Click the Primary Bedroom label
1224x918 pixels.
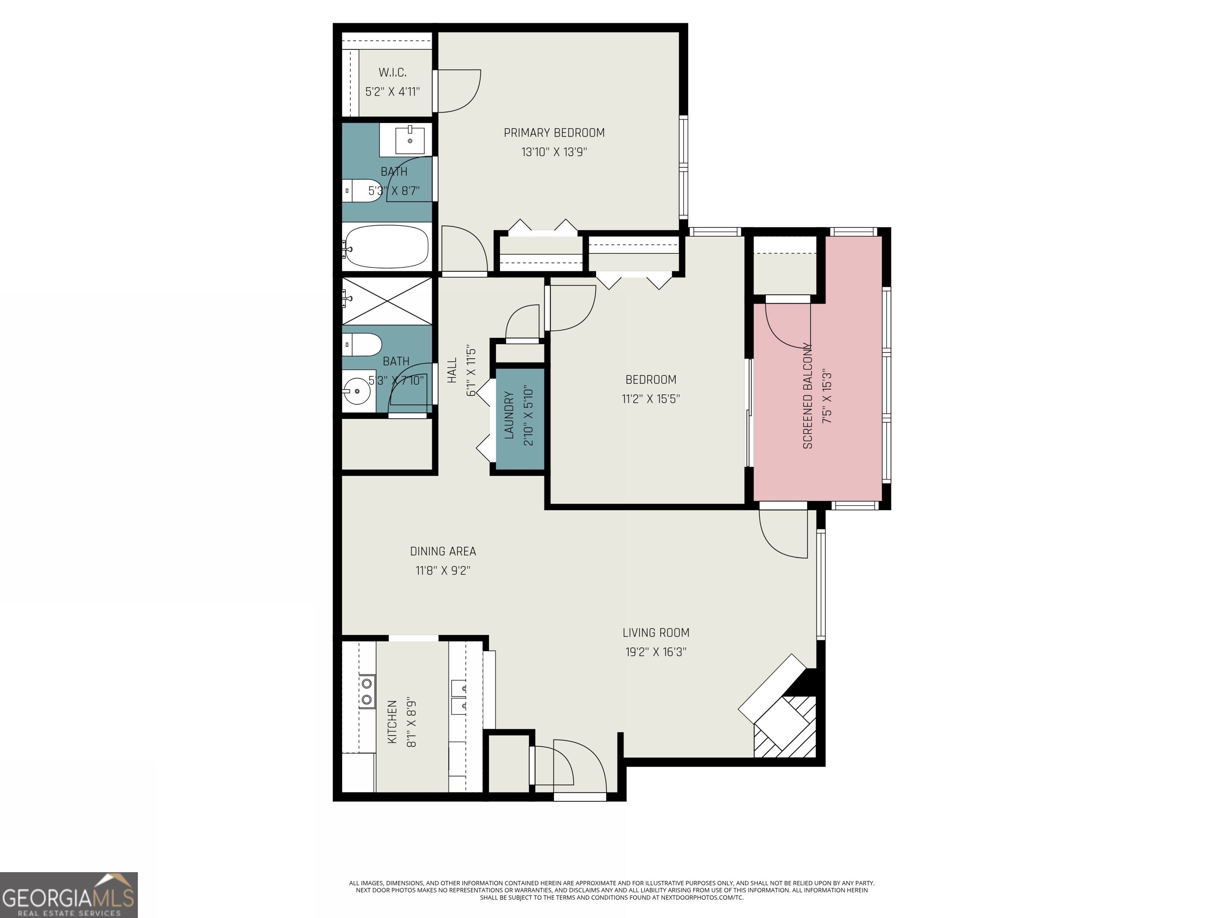pyautogui.click(x=554, y=133)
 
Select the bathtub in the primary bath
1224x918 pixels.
pyautogui.click(x=386, y=246)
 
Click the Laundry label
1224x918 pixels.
pyautogui.click(x=510, y=415)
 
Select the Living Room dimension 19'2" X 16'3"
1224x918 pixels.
pyautogui.click(x=656, y=652)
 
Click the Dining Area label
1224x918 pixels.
pyautogui.click(x=443, y=551)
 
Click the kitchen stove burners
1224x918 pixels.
pyautogui.click(x=366, y=692)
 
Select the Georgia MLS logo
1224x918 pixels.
pyautogui.click(x=68, y=895)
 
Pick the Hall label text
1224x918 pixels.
pyautogui.click(x=452, y=370)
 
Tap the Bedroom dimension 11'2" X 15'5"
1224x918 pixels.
pyautogui.click(x=651, y=398)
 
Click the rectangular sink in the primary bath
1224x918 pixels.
pyautogui.click(x=410, y=139)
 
